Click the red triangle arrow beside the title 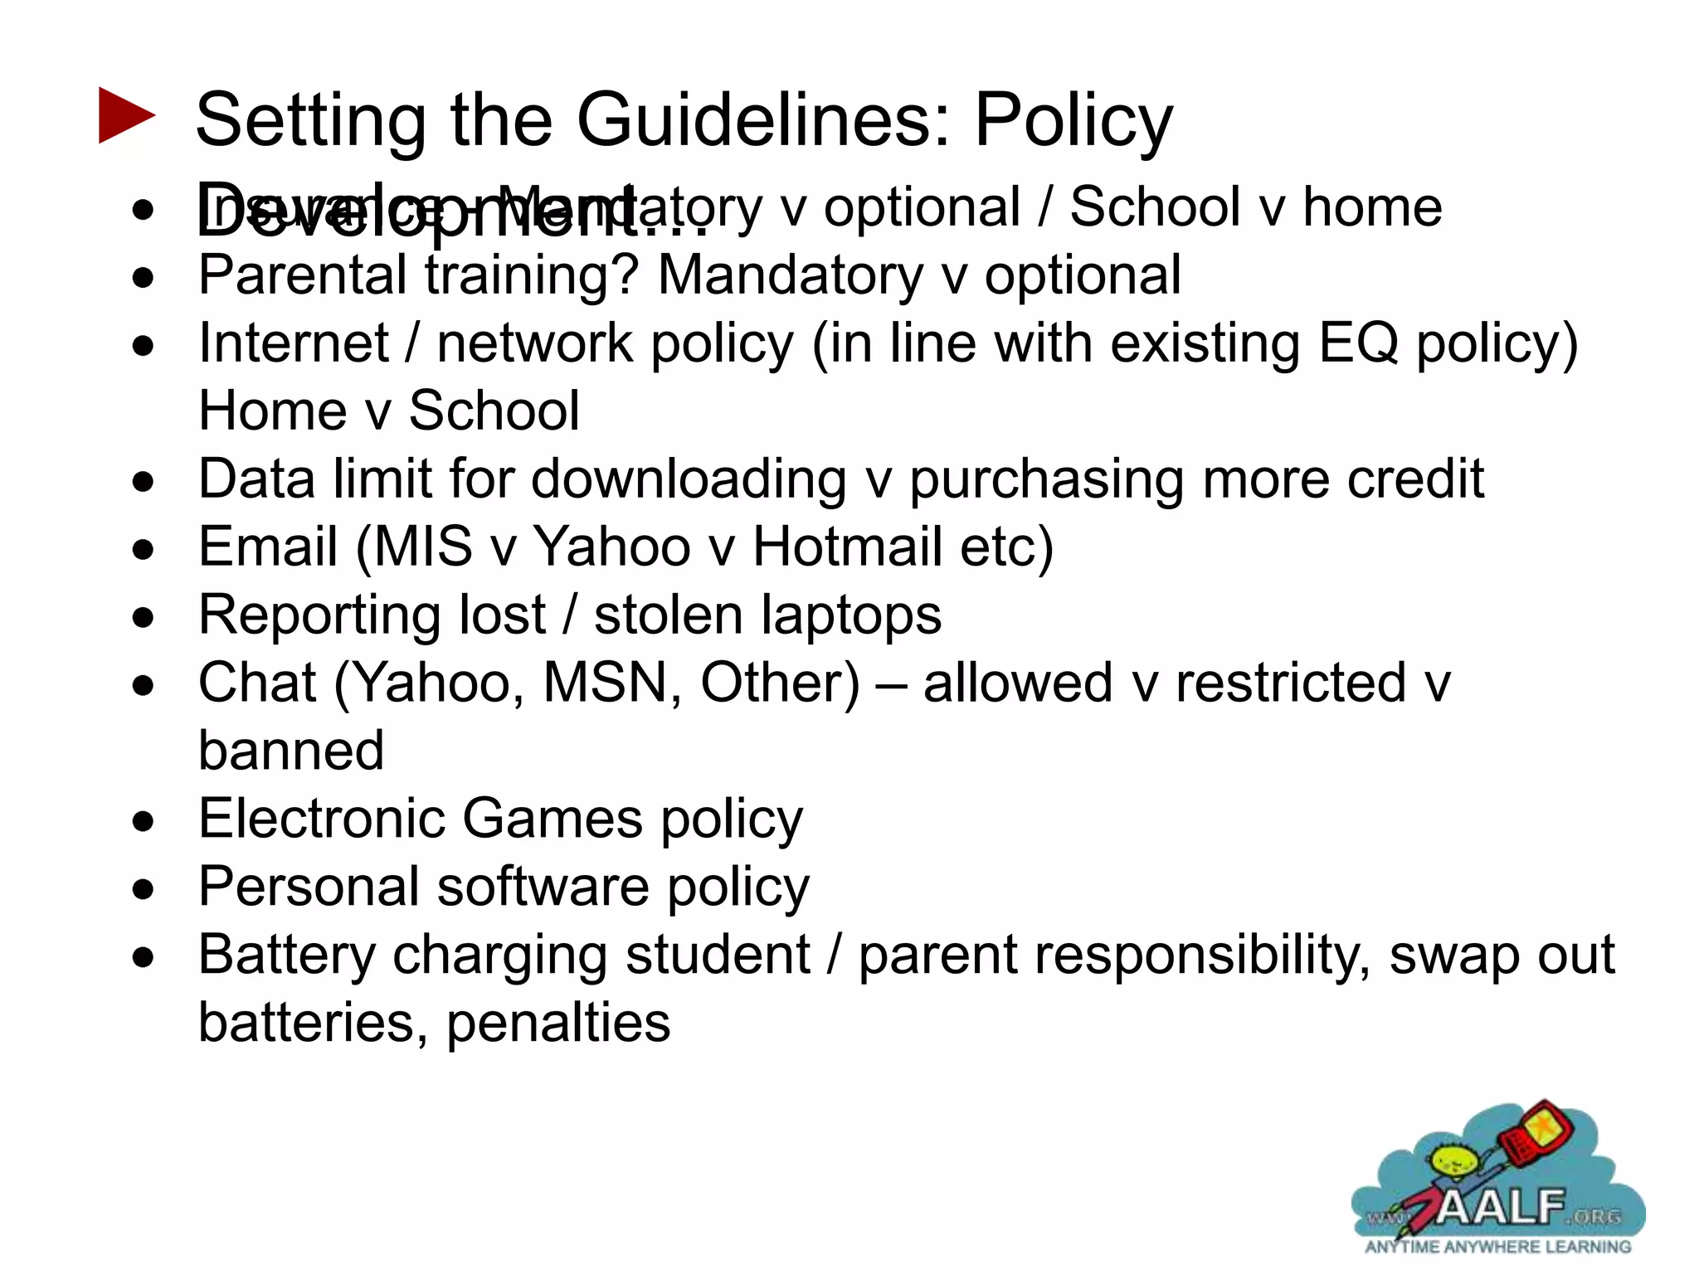click(x=126, y=115)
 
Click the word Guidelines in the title click(x=762, y=120)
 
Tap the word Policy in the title click(x=1073, y=122)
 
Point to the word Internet click(x=294, y=343)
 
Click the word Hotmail click(x=847, y=547)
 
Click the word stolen click(x=668, y=615)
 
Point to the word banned click(x=291, y=751)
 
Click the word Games click(x=552, y=819)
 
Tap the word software click(x=543, y=887)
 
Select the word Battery click(x=287, y=955)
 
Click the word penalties click(x=558, y=1024)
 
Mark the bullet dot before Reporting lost click(x=144, y=617)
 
